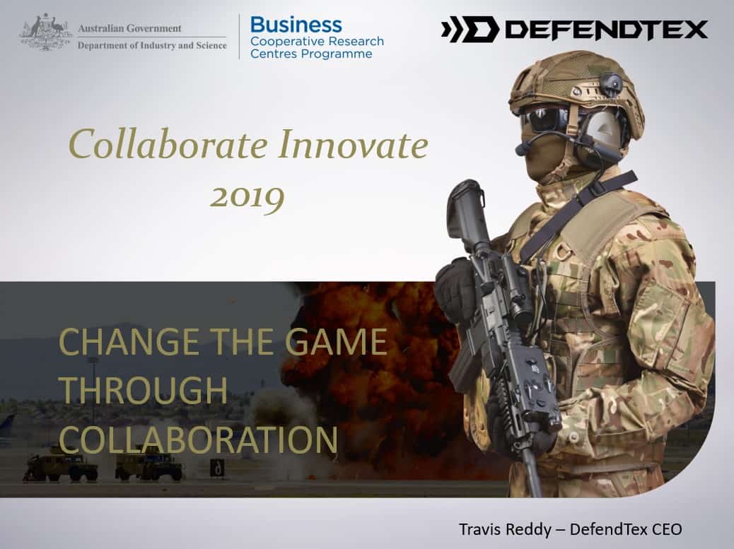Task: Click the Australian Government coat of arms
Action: pyautogui.click(x=45, y=32)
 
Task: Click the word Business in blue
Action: pyautogui.click(x=296, y=25)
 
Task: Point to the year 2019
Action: pyautogui.click(x=247, y=198)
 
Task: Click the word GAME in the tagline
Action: pyautogui.click(x=336, y=342)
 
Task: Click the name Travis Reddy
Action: pyautogui.click(x=505, y=529)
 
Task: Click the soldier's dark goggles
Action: pyautogui.click(x=544, y=119)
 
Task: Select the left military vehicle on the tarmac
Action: pyautogui.click(x=61, y=467)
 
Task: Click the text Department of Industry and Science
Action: pyautogui.click(x=152, y=45)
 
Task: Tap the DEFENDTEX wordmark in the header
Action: pyautogui.click(x=607, y=30)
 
